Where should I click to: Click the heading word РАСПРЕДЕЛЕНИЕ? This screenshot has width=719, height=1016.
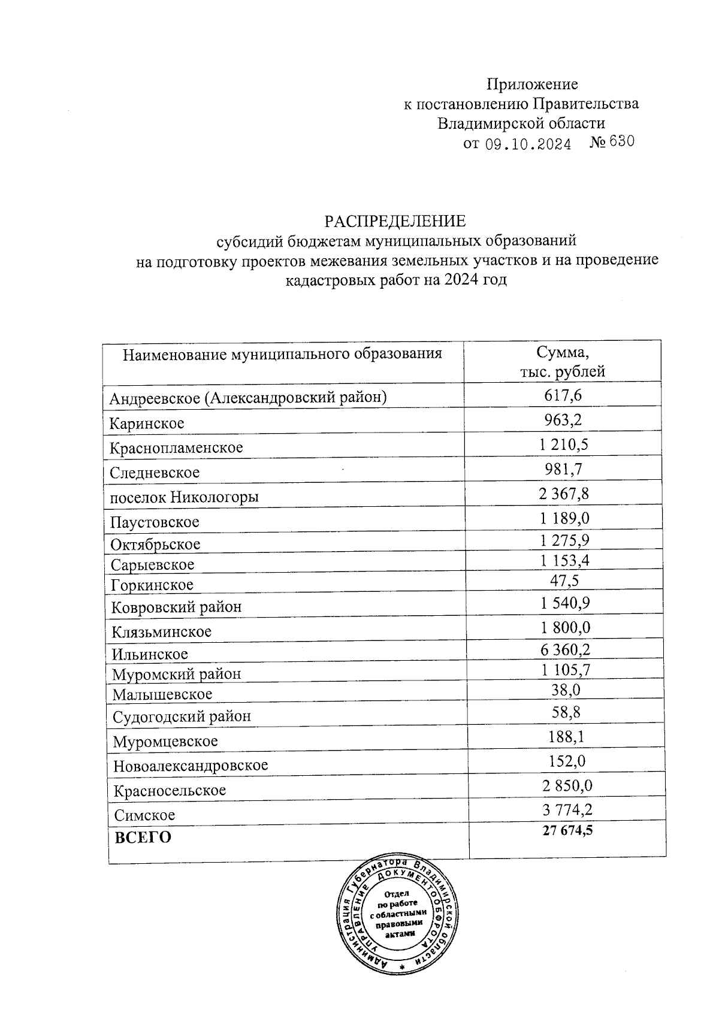(395, 222)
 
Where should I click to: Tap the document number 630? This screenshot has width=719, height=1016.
(621, 142)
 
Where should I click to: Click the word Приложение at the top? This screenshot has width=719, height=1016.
(532, 84)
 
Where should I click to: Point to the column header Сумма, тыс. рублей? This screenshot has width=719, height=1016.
(563, 362)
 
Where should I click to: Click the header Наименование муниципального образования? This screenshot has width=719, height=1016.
(282, 353)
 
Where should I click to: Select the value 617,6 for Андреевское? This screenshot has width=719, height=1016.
(563, 395)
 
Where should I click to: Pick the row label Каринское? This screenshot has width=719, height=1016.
(147, 424)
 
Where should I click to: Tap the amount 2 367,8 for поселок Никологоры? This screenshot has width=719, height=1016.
(564, 493)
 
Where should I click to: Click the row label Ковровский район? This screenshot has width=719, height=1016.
(177, 607)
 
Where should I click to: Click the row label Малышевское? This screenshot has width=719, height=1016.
(162, 694)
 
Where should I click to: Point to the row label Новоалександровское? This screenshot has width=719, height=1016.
(191, 765)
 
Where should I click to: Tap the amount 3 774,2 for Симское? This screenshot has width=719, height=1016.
(567, 811)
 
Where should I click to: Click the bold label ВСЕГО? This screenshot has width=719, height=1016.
(143, 837)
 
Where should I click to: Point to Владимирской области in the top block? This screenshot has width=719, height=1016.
(521, 123)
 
